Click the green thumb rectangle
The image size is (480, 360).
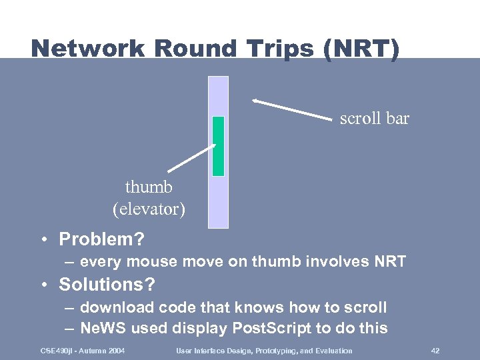click(x=218, y=146)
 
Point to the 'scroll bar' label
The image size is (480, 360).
click(x=374, y=119)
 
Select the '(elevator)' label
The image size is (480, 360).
click(x=149, y=209)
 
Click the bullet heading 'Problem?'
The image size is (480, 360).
click(x=101, y=239)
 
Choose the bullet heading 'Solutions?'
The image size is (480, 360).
click(x=107, y=285)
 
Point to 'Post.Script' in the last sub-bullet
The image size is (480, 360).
click(x=268, y=328)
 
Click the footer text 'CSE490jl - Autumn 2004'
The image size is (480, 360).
click(x=83, y=351)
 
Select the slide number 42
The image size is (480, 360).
click(x=435, y=351)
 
